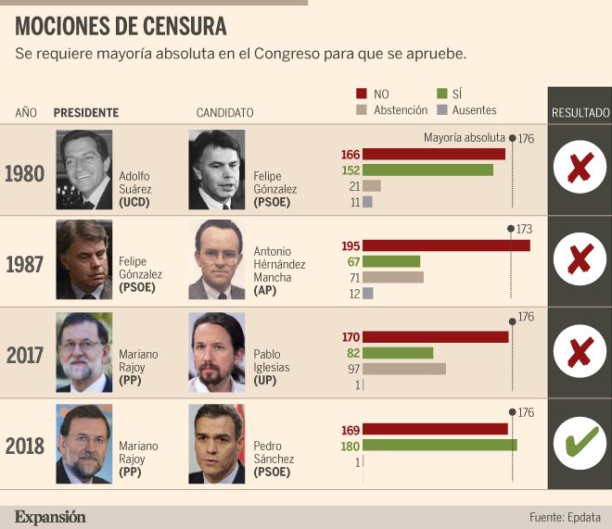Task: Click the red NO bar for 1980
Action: (434, 154)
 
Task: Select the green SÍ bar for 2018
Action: (440, 446)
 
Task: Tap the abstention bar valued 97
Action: (404, 369)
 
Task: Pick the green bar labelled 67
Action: (391, 261)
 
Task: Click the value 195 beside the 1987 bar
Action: (351, 246)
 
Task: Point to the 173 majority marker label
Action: (524, 229)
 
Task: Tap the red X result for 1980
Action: (580, 168)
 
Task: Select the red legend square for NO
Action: (362, 94)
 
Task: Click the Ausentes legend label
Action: (474, 110)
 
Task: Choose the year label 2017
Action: (24, 355)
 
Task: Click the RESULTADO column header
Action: (580, 113)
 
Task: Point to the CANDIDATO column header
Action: (224, 113)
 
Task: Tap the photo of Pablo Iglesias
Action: (217, 352)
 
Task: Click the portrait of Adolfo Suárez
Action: (83, 170)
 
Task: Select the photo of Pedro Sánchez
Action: (217, 444)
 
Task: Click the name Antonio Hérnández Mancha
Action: (279, 271)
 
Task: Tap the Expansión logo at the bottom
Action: (50, 517)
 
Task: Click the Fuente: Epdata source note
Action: (565, 517)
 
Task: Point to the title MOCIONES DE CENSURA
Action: (121, 27)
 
